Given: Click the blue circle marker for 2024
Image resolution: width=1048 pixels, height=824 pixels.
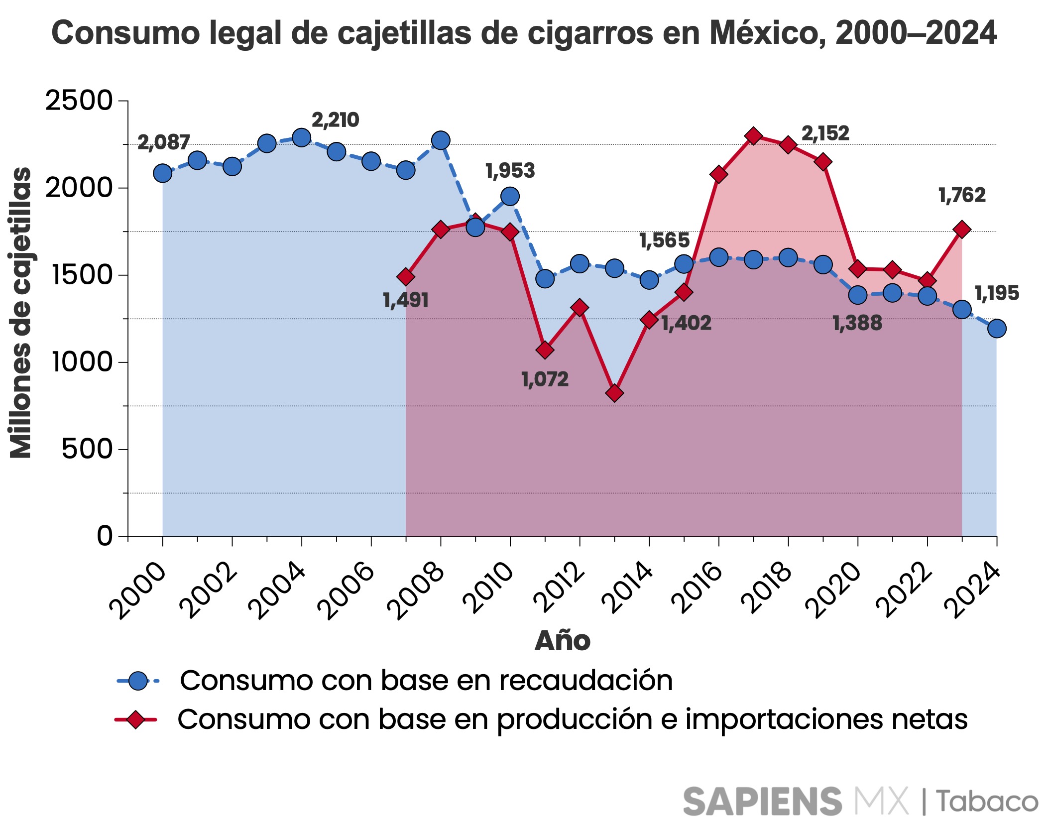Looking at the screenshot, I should pos(996,328).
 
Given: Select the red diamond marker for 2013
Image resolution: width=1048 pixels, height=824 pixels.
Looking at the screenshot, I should pos(614,393).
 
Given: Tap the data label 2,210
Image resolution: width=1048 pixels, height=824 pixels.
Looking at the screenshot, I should pos(335,120).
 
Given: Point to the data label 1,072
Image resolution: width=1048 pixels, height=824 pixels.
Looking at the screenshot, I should pos(545,380).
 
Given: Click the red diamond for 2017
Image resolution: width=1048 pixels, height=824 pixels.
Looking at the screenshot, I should pos(753,136).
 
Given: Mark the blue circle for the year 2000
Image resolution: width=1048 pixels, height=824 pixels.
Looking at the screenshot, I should pos(163,173).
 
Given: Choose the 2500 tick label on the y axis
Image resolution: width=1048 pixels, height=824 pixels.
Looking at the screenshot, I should pos(79,101).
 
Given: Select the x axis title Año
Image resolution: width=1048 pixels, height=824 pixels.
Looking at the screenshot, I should pos(562,641).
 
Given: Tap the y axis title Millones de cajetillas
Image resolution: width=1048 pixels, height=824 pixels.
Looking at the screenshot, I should pos(21,313).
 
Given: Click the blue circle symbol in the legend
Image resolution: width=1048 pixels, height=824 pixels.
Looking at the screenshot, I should pos(138,681).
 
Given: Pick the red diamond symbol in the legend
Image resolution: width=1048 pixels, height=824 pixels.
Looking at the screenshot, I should pos(135,719).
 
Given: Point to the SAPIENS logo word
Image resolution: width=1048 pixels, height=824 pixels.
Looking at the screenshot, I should pos(762,801).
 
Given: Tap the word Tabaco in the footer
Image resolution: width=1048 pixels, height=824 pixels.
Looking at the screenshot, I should pos(987,801).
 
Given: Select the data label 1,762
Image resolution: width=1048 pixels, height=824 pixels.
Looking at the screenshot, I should pos(961,195).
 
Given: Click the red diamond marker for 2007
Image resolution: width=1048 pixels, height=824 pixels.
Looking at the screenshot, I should pos(406,276).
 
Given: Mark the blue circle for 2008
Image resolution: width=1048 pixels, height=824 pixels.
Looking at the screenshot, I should pos(441,140).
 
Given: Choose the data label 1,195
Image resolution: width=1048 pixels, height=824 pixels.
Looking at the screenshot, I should pos(996,293).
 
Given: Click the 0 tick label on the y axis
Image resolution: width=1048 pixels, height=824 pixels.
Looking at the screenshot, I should pos(105,536).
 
